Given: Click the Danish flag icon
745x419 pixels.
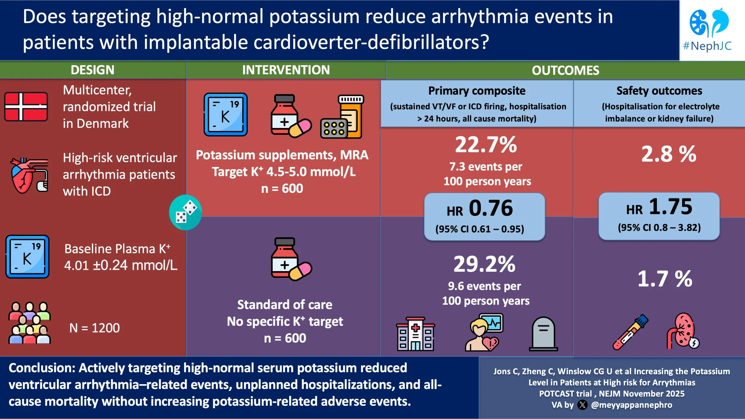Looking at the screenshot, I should tap(26, 107).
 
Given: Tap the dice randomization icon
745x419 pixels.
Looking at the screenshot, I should tap(185, 212).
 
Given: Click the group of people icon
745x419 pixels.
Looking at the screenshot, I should tap(29, 323).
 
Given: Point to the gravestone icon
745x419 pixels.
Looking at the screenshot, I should tap(543, 334).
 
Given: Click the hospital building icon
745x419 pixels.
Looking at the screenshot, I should tap(415, 334).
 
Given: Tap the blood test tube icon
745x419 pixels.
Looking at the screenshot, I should tap(630, 332).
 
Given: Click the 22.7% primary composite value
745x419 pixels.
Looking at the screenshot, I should tap(486, 145).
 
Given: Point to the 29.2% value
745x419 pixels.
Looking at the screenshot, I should tap(484, 264).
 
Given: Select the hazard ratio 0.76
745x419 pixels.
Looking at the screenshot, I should tap(491, 208).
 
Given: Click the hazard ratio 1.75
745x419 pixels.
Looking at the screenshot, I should tap(670, 207).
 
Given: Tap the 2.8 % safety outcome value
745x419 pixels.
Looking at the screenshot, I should tap(668, 154).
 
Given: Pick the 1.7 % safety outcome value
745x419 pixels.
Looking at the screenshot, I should tap(665, 279).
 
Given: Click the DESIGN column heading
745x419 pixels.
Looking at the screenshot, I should tap(92, 70).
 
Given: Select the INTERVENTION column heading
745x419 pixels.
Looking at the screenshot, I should tap(286, 70).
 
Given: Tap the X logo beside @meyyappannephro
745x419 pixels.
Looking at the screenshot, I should tap(582, 405).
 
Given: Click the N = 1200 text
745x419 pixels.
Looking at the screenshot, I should tap(94, 328).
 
